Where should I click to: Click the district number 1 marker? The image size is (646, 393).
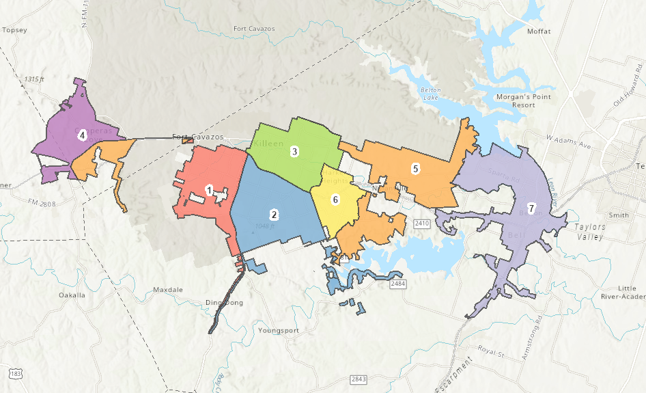coord(209,189)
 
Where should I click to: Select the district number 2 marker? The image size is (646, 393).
coord(274,215)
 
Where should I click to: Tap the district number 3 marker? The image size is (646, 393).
coord(294,152)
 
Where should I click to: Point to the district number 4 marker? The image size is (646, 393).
coord(82,135)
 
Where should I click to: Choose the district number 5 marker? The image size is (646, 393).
coord(415,168)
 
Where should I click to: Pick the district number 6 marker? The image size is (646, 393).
coord(335,200)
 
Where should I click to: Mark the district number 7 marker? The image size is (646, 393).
coord(531,208)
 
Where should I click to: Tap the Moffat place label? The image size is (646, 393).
coord(539,31)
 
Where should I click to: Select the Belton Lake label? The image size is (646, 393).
coord(430,94)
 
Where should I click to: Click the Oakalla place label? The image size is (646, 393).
coord(72,295)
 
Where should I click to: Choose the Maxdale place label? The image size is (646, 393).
coord(168,290)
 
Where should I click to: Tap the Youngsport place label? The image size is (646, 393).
coord(279,330)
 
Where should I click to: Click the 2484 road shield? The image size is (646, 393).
coord(399,283)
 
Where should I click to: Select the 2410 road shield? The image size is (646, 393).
coord(421,223)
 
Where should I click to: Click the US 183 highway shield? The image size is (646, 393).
coord(15,373)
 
